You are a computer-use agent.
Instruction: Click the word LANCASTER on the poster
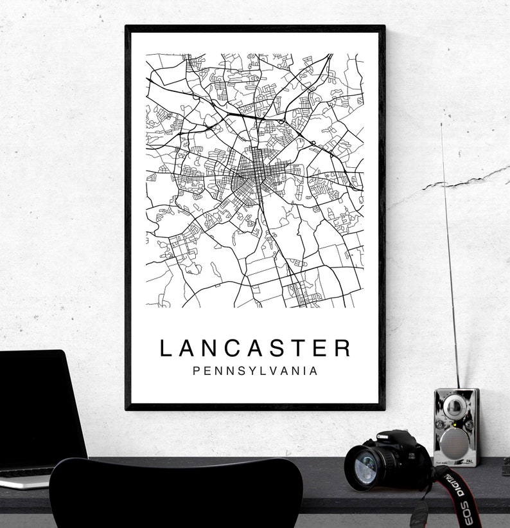(x=256, y=348)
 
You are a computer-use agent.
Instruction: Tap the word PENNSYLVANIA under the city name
(x=256, y=371)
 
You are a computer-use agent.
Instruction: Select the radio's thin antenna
(x=450, y=257)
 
